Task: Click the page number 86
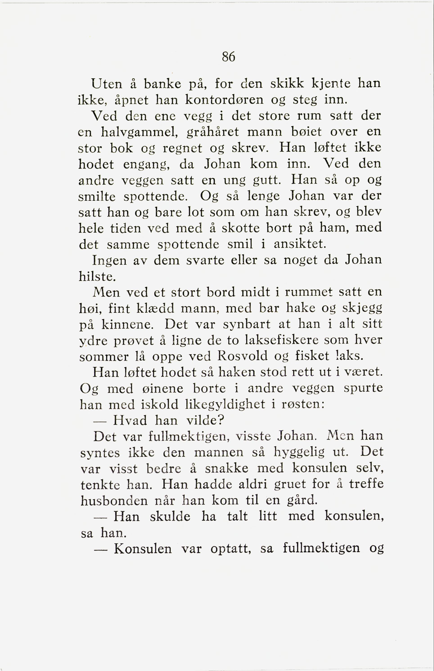coord(228,57)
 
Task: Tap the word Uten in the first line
coord(107,84)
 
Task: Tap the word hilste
coord(97,277)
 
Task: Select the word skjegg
coord(362,308)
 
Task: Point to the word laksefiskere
coord(281,340)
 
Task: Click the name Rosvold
coord(243,356)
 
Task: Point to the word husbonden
coord(114,501)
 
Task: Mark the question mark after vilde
coord(221,421)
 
